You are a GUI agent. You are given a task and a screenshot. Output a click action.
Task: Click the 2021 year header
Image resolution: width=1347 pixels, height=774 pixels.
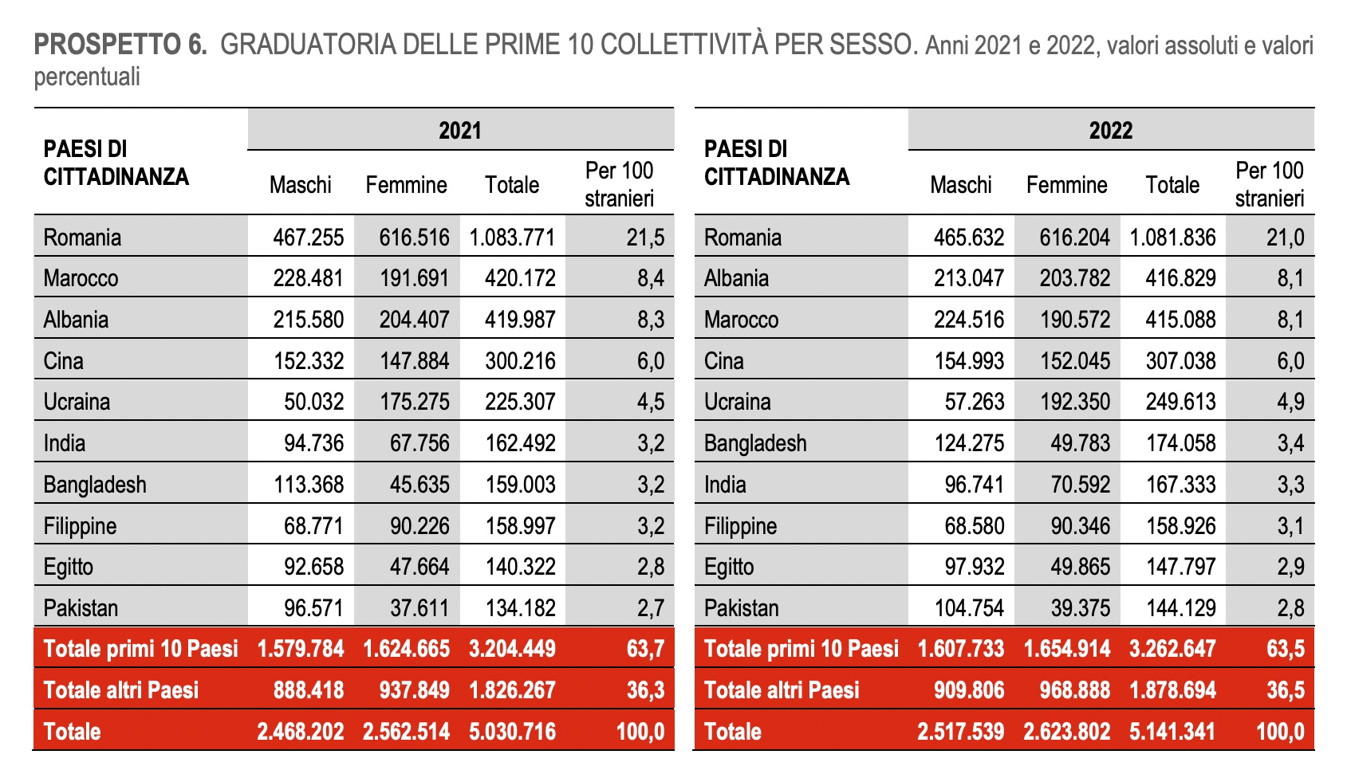coord(460,130)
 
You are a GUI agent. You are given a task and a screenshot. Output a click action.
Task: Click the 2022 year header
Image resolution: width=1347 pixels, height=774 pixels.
coord(1110,130)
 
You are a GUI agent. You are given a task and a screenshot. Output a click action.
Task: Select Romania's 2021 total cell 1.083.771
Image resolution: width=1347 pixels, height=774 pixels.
coord(512,238)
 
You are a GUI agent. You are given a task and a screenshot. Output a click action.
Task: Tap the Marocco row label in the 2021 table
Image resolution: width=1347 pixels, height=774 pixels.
coord(81,278)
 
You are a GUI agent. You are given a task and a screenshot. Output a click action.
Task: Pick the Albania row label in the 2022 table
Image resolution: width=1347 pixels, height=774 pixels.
coord(736,278)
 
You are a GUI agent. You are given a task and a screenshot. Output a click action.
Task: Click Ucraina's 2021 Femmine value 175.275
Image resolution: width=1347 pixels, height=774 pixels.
coord(414,402)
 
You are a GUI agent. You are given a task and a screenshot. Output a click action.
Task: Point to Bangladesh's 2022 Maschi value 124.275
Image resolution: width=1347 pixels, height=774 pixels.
coord(969,443)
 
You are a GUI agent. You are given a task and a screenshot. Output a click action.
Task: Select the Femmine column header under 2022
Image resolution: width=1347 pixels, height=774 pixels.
coord(1066,185)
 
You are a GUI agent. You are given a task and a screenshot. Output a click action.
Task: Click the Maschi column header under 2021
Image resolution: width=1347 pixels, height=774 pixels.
coord(300,185)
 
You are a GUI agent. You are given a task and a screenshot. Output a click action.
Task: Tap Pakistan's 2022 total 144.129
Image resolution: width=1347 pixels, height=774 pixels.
coord(1180,608)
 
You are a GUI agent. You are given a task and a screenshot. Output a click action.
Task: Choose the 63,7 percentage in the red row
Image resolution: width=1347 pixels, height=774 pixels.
coord(645,649)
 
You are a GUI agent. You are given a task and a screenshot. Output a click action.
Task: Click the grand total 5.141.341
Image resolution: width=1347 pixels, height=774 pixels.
coord(1172,731)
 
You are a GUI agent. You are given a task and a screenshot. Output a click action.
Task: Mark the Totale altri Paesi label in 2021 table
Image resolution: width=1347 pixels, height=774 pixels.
coord(121,690)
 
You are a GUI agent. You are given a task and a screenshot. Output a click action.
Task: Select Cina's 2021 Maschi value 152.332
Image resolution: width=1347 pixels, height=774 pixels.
coord(309,361)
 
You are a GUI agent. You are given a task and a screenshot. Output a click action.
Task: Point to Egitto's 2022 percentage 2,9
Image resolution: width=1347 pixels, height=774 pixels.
coord(1290,567)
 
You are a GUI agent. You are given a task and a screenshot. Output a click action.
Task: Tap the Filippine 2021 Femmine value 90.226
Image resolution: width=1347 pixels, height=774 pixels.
coord(414,526)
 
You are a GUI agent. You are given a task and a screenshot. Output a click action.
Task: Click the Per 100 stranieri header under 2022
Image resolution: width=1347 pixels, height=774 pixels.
coord(1270,184)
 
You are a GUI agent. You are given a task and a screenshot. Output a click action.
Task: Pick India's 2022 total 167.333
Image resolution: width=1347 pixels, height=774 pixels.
coord(1180,485)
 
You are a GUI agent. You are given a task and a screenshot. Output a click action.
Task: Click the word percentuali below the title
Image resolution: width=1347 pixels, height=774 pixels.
coord(87,77)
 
